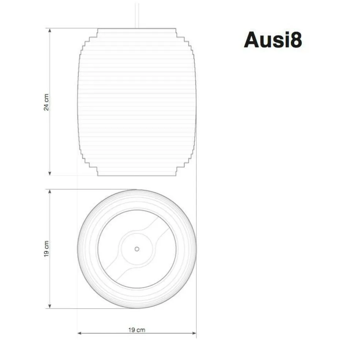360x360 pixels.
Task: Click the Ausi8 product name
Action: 273,40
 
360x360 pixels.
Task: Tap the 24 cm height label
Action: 46,102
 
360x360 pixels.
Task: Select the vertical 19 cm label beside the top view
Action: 46,249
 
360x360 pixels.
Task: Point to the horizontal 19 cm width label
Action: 136,330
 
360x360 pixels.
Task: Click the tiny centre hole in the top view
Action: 137,249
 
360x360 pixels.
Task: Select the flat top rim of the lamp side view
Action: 137,29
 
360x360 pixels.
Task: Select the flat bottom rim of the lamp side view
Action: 137,175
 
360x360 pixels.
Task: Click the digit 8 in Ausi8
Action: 295,40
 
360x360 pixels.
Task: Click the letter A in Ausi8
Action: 252,40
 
